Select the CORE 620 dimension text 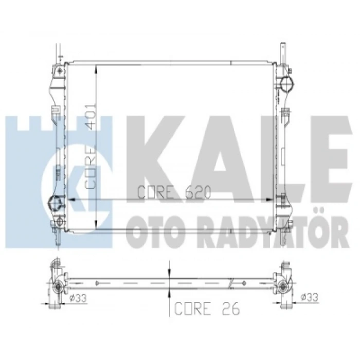[x=174, y=192]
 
